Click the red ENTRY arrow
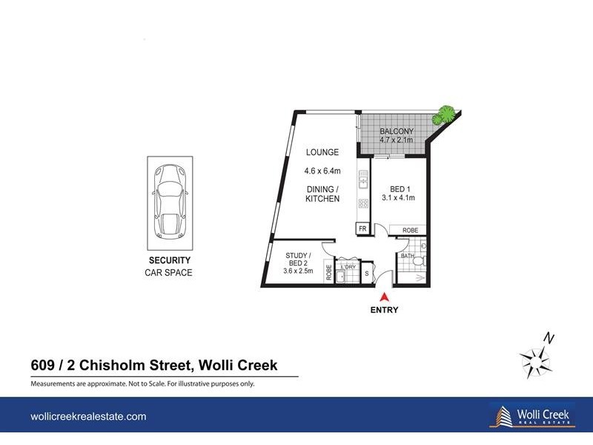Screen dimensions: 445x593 tap(384, 297)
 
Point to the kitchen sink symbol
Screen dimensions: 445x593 tap(363, 178)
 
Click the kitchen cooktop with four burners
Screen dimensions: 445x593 tap(363, 203)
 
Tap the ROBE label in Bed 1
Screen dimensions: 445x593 tap(410, 231)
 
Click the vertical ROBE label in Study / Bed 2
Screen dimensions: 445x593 tap(328, 271)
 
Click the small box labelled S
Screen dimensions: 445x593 tap(366, 274)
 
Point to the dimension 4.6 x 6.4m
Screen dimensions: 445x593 tap(322, 171)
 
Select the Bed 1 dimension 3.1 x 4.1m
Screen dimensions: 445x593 tap(398, 197)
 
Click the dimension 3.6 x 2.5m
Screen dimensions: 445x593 tap(299, 271)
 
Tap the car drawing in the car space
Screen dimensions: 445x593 tap(170, 202)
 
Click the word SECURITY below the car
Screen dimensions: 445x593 tap(170, 260)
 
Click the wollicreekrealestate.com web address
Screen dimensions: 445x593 tap(88, 417)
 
